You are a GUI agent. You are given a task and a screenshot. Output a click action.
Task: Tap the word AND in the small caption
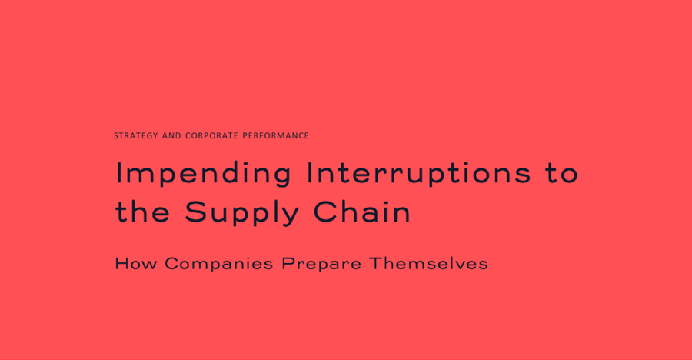coord(171,135)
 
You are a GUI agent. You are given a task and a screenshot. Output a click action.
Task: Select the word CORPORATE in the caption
coord(212,135)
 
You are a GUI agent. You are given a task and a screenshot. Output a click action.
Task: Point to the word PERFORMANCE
coord(276,135)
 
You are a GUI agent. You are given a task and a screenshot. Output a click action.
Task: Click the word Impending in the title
coord(204,174)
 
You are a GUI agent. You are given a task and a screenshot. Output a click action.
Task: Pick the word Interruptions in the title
coord(419,174)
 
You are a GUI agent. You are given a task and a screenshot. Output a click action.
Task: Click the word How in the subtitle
coord(135,264)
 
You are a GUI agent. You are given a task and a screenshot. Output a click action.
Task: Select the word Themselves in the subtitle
coord(428,264)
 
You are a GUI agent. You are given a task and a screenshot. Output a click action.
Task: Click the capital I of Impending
coord(118,172)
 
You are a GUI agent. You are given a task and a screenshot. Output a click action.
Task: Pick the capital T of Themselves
coord(375,264)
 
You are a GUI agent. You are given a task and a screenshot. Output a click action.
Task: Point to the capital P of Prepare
coord(288,264)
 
